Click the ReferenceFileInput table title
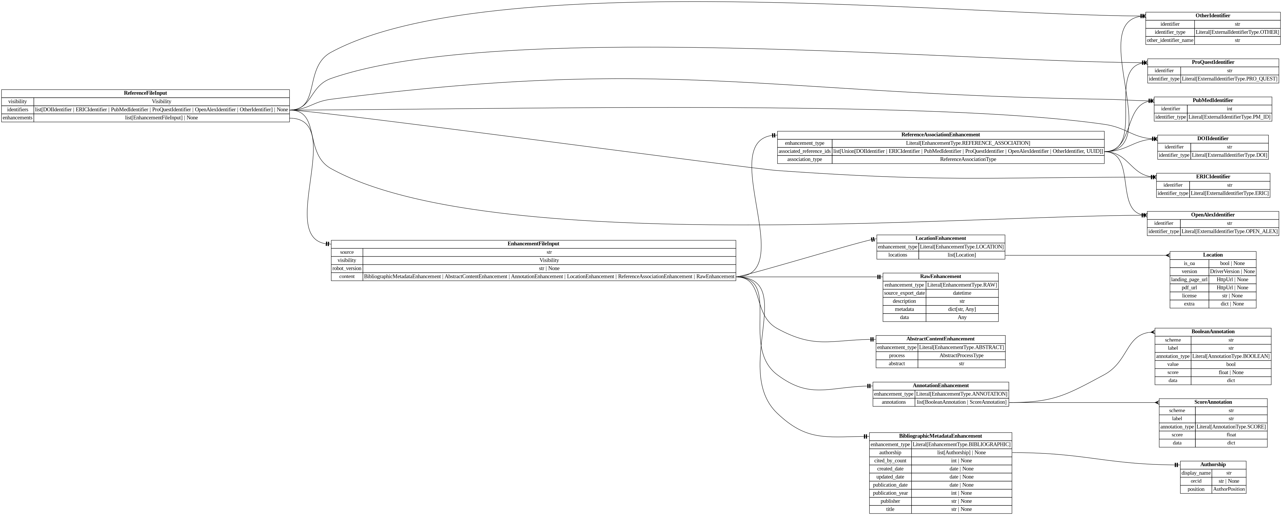coord(145,93)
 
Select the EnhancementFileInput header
coord(533,244)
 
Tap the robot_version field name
coord(347,268)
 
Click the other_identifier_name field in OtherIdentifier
coord(1170,40)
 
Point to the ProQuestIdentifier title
coord(1213,62)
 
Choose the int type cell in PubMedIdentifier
coord(1229,109)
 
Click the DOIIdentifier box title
coord(1213,138)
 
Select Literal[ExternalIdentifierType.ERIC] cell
coord(1229,193)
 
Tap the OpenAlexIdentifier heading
coord(1213,215)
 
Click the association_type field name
coord(804,159)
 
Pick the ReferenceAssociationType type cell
coord(968,159)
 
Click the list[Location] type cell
coord(961,255)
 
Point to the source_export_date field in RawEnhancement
coord(904,293)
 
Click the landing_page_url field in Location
coord(1189,279)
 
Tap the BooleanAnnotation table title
coord(1213,332)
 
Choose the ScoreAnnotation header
coord(1213,402)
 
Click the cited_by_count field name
coord(890,461)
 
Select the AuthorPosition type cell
coord(1229,489)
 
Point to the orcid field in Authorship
coord(1196,481)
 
